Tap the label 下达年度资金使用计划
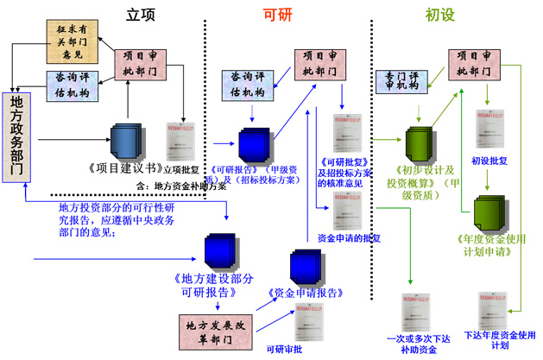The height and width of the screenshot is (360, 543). click(x=501, y=339)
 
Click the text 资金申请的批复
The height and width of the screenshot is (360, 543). click(x=349, y=237)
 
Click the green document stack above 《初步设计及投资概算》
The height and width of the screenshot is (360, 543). click(x=418, y=141)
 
